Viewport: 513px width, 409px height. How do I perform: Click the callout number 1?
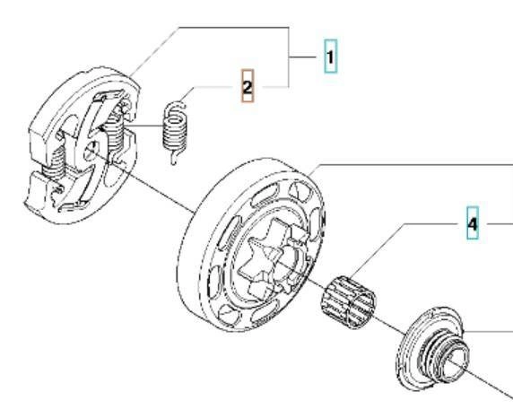[330, 57]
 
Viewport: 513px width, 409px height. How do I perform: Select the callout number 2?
[248, 87]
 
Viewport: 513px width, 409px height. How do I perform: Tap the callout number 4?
[473, 224]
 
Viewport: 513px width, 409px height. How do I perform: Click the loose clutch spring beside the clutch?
[175, 132]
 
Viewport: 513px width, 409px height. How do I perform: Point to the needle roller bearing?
[349, 302]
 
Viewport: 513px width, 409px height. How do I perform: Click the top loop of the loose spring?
[175, 108]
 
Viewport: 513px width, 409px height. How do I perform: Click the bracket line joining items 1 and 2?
[288, 57]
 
